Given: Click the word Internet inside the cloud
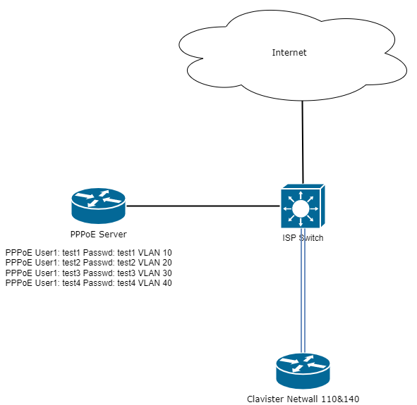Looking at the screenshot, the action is click(289, 53).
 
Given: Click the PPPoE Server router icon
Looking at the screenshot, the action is click(98, 206).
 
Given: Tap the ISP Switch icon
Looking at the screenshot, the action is click(303, 206).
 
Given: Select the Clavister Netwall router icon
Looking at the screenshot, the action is click(303, 371).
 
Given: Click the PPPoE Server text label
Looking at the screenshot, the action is click(98, 235).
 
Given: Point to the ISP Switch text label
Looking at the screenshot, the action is click(303, 238).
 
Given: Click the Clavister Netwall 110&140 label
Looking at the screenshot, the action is click(303, 399).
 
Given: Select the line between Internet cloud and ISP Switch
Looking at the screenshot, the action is click(303, 142).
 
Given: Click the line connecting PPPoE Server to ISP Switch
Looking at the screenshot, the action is click(203, 206).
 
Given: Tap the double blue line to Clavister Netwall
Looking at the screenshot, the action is click(303, 291).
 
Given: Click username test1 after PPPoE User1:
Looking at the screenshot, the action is click(71, 252).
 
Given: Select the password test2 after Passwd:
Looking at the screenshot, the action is click(126, 263).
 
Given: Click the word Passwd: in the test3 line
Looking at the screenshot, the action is click(99, 273).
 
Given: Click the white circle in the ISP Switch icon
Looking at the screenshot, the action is click(301, 208).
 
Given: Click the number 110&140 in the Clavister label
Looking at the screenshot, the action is click(340, 399).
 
